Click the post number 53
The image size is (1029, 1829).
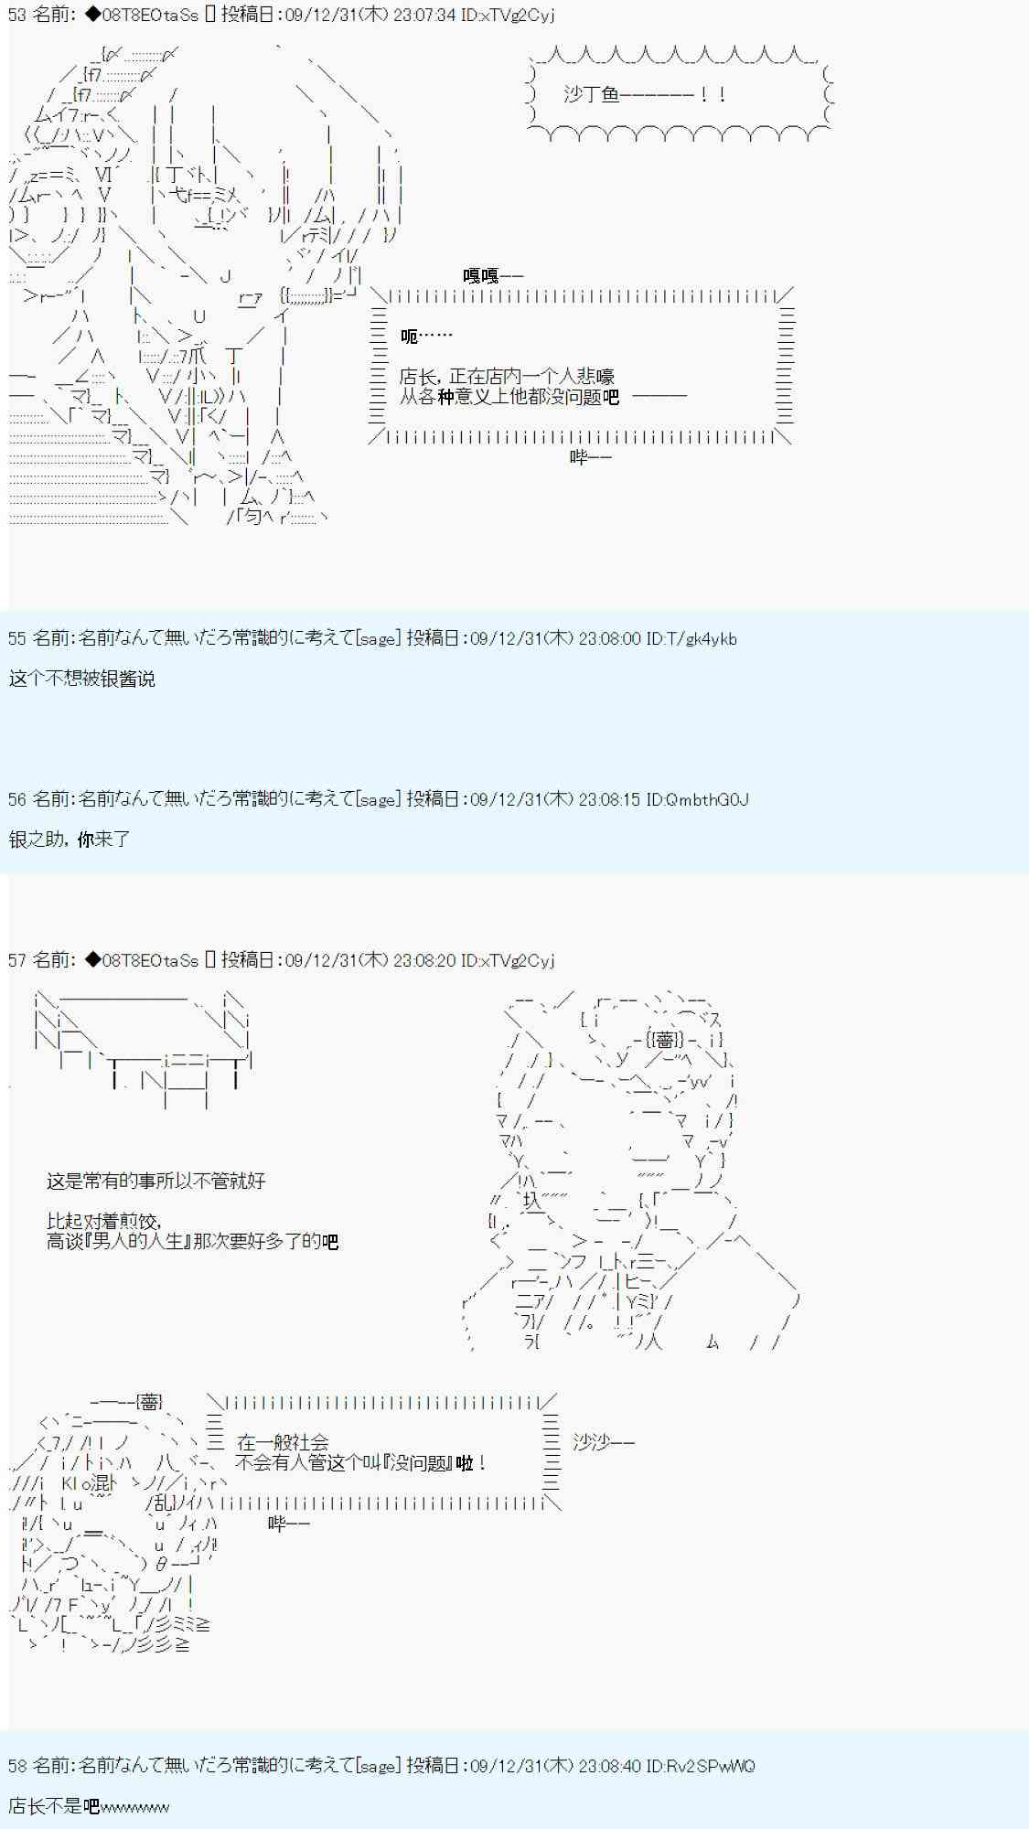(x=17, y=16)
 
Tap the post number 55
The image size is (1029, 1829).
(x=17, y=639)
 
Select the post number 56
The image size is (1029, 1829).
(x=17, y=800)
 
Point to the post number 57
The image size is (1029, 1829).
(x=17, y=961)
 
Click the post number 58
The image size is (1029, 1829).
(x=17, y=1766)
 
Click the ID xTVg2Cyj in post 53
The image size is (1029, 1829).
(x=508, y=16)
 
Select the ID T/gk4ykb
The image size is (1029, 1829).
(x=691, y=639)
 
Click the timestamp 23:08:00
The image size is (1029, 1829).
(x=610, y=639)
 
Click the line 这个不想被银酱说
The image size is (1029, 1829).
(x=82, y=679)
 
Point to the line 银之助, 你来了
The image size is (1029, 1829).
(x=70, y=840)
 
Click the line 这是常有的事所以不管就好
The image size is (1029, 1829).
(x=156, y=1182)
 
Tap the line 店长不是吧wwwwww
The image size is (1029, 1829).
(x=89, y=1806)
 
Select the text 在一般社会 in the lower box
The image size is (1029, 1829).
(x=283, y=1443)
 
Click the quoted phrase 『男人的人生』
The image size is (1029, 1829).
(x=145, y=1242)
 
